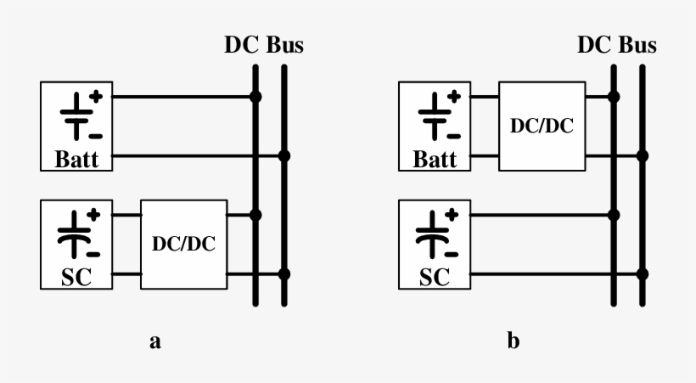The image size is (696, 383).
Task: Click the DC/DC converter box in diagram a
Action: (184, 244)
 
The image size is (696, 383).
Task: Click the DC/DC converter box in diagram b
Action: (542, 126)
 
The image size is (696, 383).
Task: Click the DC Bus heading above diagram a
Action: (263, 45)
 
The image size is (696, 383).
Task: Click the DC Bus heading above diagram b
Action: (617, 45)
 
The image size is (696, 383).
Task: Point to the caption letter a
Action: (154, 342)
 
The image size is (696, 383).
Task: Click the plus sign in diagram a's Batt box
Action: (95, 97)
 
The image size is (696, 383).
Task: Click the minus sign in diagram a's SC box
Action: (94, 253)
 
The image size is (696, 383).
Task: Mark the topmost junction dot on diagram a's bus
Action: (255, 97)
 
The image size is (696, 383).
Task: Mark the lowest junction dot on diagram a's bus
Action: (284, 274)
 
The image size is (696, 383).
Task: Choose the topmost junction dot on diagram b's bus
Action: (613, 97)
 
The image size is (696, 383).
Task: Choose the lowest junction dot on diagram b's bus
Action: (643, 274)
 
